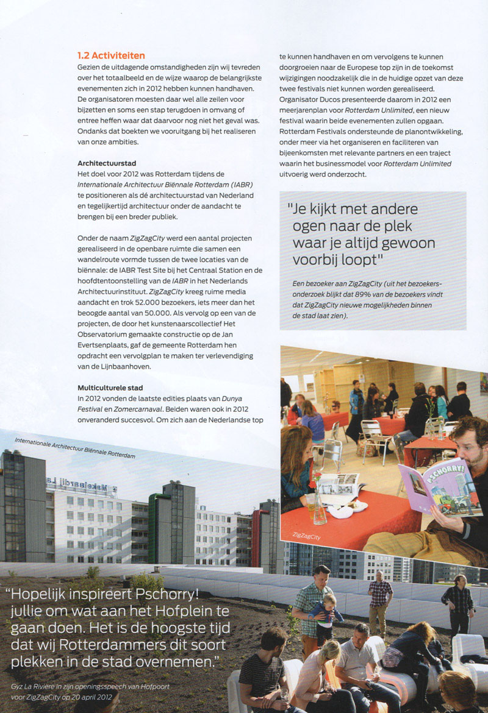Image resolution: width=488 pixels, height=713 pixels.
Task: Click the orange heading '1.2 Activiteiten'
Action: pyautogui.click(x=111, y=56)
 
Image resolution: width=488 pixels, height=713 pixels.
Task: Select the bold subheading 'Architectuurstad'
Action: pyautogui.click(x=106, y=163)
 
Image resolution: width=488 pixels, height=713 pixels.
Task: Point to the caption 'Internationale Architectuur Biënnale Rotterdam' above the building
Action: pyautogui.click(x=75, y=447)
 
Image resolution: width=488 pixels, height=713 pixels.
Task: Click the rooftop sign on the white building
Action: pyautogui.click(x=82, y=484)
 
